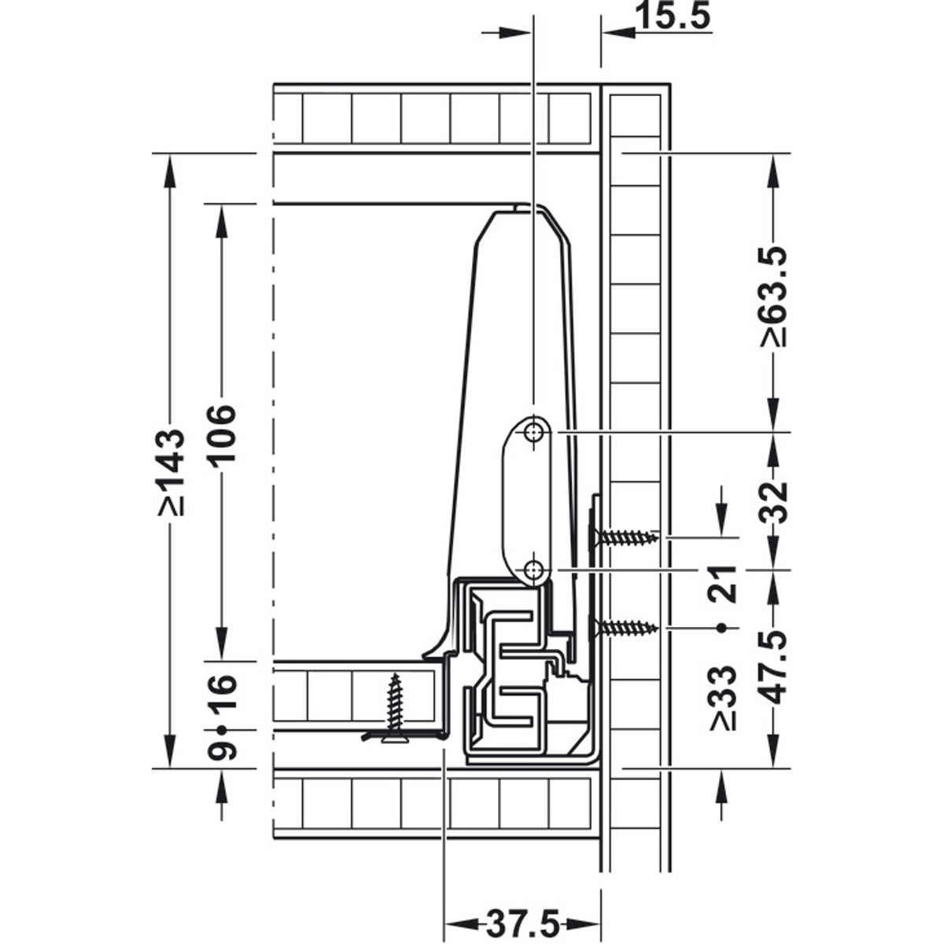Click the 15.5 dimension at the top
point(674,17)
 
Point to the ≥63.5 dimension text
point(773,297)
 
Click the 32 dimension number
point(773,503)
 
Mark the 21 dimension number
point(723,584)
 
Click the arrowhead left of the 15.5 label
point(618,33)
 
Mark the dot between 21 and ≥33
point(721,628)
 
